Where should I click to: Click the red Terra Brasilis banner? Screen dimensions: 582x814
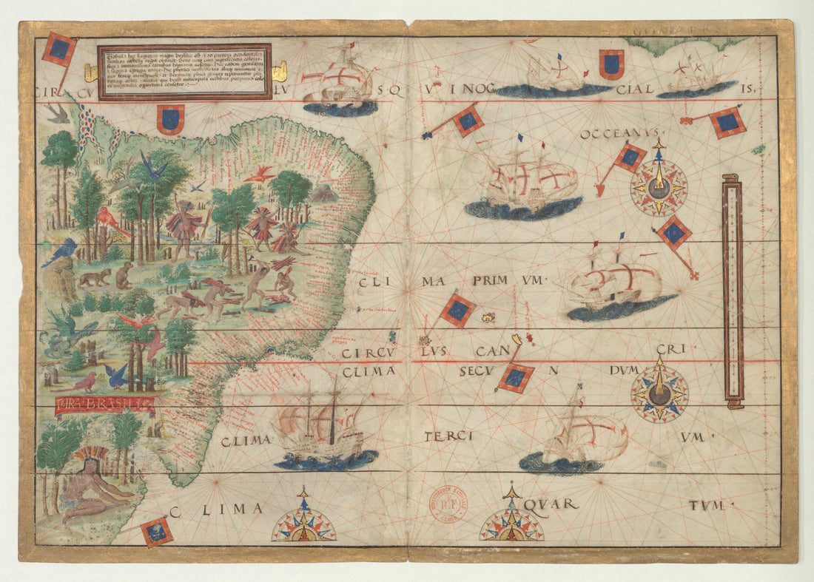click(x=105, y=404)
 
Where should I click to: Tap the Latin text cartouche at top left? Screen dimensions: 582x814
click(x=184, y=71)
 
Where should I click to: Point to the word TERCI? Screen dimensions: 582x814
click(x=448, y=436)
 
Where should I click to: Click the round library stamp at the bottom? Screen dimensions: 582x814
click(x=448, y=505)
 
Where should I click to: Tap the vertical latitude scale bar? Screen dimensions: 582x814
click(x=733, y=291)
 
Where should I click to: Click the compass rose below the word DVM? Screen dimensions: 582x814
click(x=659, y=393)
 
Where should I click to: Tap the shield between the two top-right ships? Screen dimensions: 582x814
click(x=612, y=64)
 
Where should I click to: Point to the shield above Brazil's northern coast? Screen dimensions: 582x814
click(x=170, y=118)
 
